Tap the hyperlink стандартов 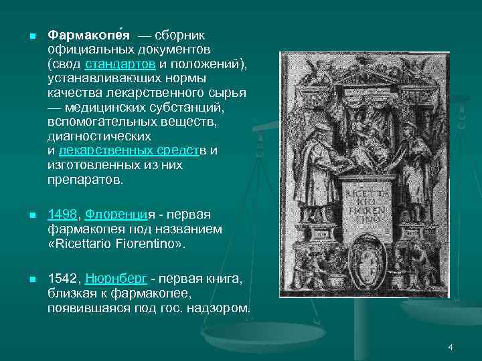click(x=120, y=64)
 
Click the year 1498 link click(x=63, y=215)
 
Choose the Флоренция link click(x=116, y=215)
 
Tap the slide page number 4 click(x=451, y=347)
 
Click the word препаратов click(x=86, y=180)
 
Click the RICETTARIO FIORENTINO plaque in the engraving click(x=362, y=204)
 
